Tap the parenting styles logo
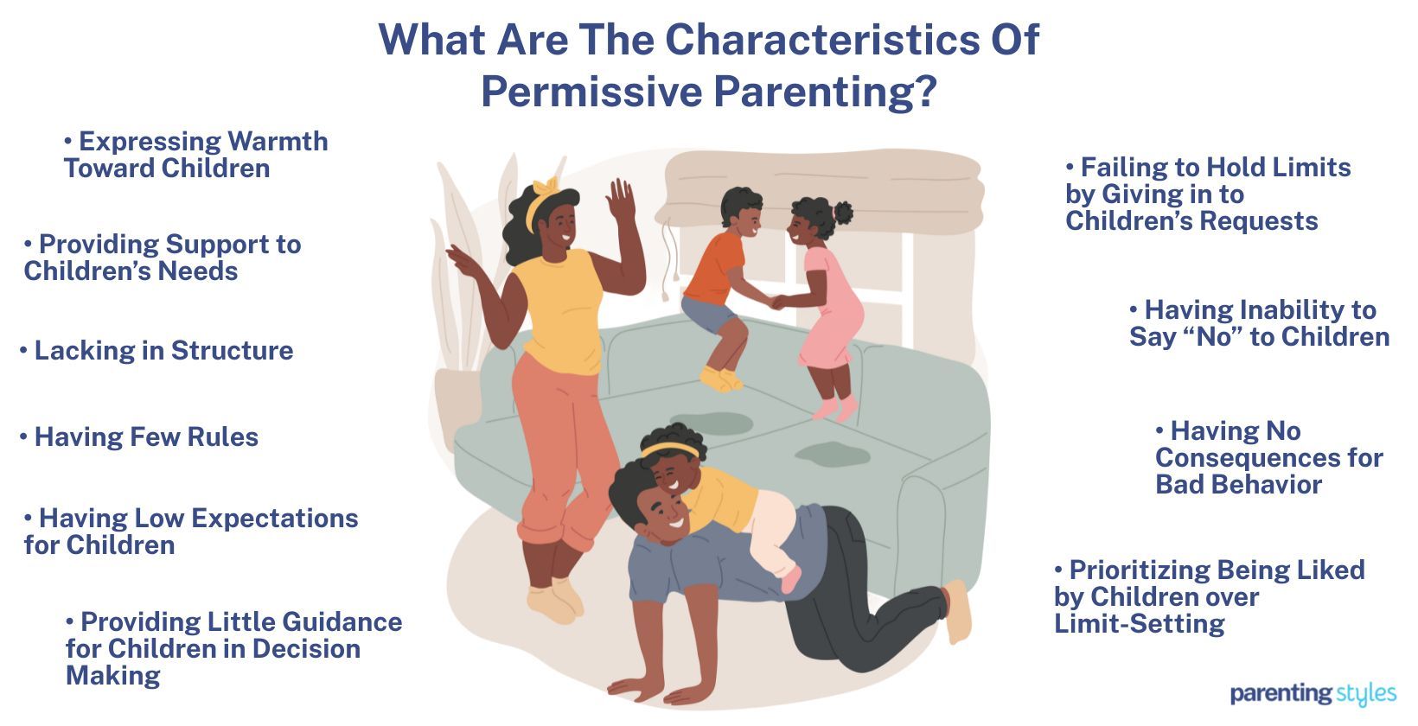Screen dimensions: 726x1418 (1313, 693)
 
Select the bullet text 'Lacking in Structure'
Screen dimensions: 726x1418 (163, 351)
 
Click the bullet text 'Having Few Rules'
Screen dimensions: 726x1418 (146, 437)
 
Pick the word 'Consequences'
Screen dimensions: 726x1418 (1268, 458)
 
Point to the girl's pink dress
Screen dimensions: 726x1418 (831, 311)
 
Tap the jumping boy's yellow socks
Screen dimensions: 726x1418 (720, 379)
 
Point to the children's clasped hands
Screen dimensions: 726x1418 (776, 302)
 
